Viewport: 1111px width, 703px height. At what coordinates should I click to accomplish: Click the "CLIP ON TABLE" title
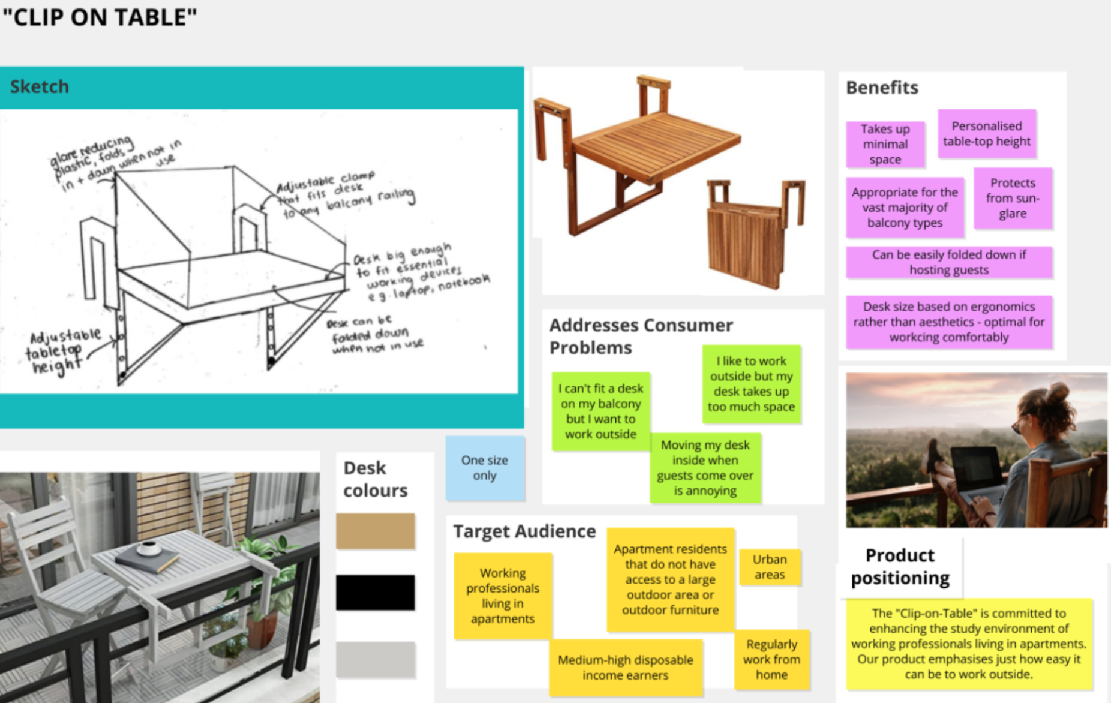(x=100, y=17)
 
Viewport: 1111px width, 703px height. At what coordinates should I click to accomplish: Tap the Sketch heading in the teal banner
(x=40, y=86)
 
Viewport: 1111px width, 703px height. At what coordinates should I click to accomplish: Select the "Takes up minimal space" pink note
(x=885, y=144)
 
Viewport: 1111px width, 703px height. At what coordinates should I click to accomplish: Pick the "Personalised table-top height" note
(x=986, y=134)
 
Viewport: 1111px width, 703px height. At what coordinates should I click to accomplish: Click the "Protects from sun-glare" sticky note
(x=1012, y=198)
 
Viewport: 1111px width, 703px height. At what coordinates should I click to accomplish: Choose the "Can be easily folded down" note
(x=948, y=262)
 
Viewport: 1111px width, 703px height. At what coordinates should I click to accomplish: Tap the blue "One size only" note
(x=484, y=468)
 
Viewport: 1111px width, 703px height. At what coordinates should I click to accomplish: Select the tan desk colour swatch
(x=375, y=531)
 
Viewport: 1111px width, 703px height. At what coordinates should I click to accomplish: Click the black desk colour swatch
(x=375, y=593)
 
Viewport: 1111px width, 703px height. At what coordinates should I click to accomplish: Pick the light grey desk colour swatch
(x=375, y=659)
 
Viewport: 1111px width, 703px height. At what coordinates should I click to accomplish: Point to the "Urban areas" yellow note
(x=769, y=567)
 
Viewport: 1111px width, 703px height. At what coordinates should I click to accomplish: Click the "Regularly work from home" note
(x=771, y=659)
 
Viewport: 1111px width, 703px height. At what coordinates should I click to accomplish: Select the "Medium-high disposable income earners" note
(x=625, y=667)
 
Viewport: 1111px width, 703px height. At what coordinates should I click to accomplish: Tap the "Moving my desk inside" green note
(x=705, y=468)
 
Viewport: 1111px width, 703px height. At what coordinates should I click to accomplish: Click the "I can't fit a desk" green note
(x=600, y=411)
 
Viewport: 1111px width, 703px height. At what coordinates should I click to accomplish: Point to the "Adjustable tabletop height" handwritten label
(x=60, y=351)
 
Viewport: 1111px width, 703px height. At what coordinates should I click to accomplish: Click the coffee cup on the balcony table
(x=148, y=548)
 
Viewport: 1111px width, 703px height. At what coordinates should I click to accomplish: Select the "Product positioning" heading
(x=900, y=566)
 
